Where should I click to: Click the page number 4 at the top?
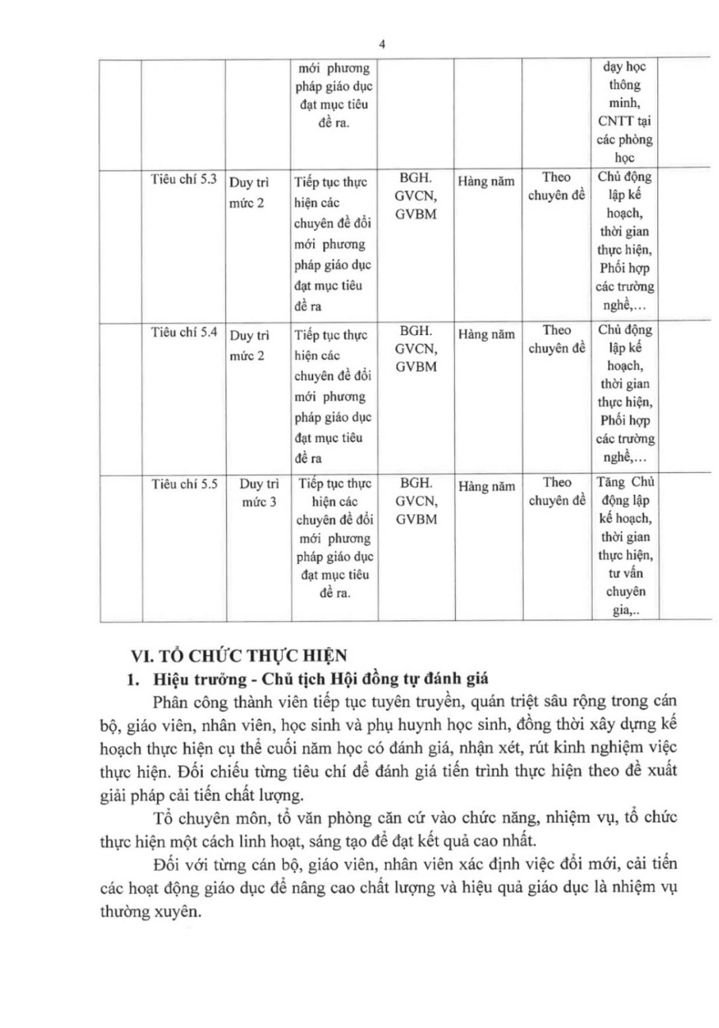pos(382,45)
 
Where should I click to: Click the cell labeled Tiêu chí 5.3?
pos(184,180)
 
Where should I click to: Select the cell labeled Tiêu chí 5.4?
pos(184,332)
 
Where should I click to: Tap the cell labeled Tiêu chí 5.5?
pos(184,485)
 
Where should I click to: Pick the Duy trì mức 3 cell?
pos(259,493)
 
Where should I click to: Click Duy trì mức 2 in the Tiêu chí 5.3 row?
pos(248,193)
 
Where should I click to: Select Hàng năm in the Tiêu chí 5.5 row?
pos(486,487)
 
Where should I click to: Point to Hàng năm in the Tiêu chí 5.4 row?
pos(486,334)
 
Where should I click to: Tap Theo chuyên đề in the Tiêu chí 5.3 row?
pos(557,186)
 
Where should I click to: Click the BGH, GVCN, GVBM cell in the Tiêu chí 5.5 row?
pos(416,501)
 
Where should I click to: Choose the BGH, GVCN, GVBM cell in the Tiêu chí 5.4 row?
pos(415,349)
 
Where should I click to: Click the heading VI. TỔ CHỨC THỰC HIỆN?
pos(239,656)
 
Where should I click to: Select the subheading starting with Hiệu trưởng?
pos(321,679)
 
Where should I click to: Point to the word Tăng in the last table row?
pos(611,482)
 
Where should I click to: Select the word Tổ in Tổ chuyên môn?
pos(163,818)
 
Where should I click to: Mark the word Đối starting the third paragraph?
pos(167,864)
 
